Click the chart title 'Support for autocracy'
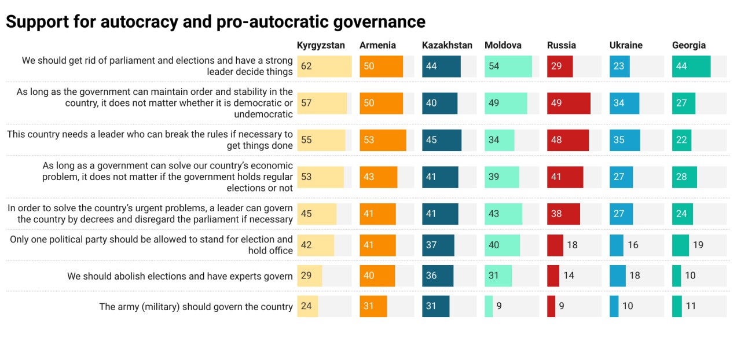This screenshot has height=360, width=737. coord(215,21)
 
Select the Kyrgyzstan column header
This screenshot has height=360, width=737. coord(321,45)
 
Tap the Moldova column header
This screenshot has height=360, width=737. coord(503,45)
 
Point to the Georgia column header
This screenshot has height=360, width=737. coord(688,45)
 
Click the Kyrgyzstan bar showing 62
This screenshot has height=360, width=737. coord(324,67)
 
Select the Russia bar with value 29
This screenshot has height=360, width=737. coord(560,67)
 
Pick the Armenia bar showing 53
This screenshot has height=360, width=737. coord(383,141)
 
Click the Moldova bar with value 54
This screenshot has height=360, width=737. coord(508,67)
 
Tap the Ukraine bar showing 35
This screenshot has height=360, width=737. coord(625,141)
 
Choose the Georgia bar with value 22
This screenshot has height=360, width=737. coord(681,141)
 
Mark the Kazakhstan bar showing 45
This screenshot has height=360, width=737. coord(442,141)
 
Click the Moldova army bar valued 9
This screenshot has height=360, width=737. coord(489,306)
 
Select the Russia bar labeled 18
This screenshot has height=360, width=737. coord(555,245)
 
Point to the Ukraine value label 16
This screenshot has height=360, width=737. coord(633,245)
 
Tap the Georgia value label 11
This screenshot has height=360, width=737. coord(691,306)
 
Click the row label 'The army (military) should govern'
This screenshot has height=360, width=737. coord(196,307)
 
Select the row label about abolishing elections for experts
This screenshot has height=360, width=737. coord(179,276)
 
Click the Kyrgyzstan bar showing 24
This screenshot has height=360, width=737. coord(307,306)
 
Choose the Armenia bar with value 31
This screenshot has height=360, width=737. coord(373,306)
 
